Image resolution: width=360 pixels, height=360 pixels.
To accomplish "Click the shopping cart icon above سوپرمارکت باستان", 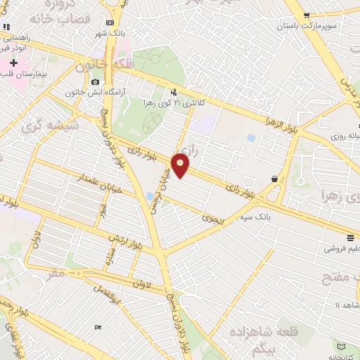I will [x=307, y=15].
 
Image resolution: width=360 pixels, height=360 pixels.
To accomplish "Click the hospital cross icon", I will [x=13, y=63].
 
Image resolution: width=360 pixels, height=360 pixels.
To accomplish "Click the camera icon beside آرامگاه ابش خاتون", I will [x=96, y=82].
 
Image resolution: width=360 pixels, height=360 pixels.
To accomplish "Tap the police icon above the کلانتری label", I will [x=174, y=91].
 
